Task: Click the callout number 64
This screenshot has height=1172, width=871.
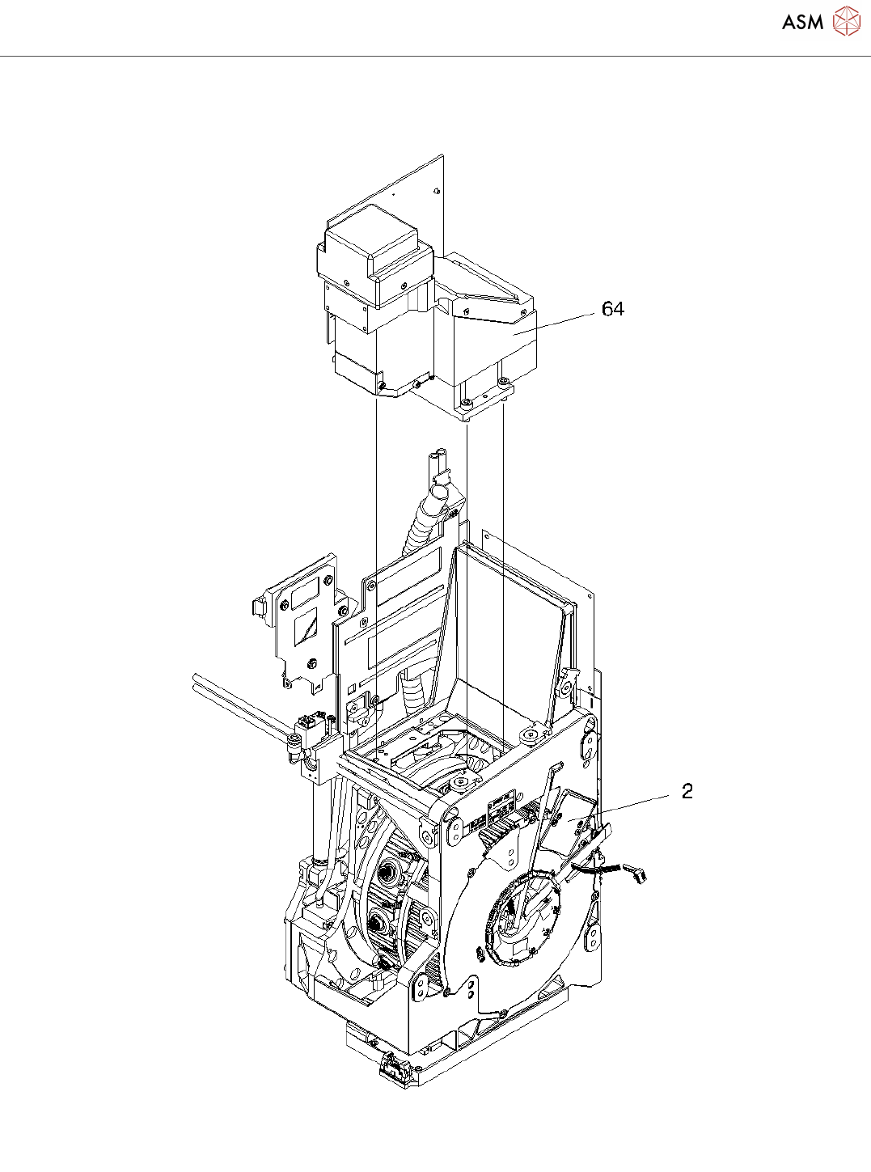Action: (613, 309)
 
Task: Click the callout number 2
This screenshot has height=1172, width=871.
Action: (687, 791)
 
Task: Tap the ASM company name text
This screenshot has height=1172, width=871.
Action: (802, 23)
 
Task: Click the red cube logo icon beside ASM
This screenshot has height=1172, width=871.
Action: (847, 22)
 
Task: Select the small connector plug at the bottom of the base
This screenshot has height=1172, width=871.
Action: (394, 1070)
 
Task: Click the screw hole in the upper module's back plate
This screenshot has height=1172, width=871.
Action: (436, 191)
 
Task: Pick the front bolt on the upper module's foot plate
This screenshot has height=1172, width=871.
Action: (466, 402)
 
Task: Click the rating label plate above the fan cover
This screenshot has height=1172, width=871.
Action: (502, 806)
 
